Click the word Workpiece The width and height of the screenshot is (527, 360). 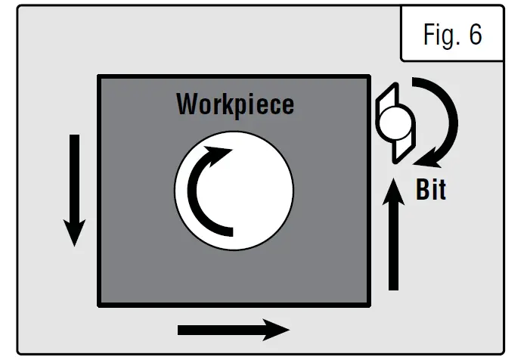(x=234, y=104)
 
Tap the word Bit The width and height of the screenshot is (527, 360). (x=431, y=190)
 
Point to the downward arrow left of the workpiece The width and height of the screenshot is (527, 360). (x=74, y=189)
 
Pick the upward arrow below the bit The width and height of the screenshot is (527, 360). (x=392, y=234)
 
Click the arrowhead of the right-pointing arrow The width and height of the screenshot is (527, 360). (x=276, y=329)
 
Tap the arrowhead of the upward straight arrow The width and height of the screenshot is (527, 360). (x=392, y=189)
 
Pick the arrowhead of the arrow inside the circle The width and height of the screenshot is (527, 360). (x=220, y=155)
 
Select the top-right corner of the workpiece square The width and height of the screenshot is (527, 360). (x=369, y=76)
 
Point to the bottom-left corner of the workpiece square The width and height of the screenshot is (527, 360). (x=100, y=305)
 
